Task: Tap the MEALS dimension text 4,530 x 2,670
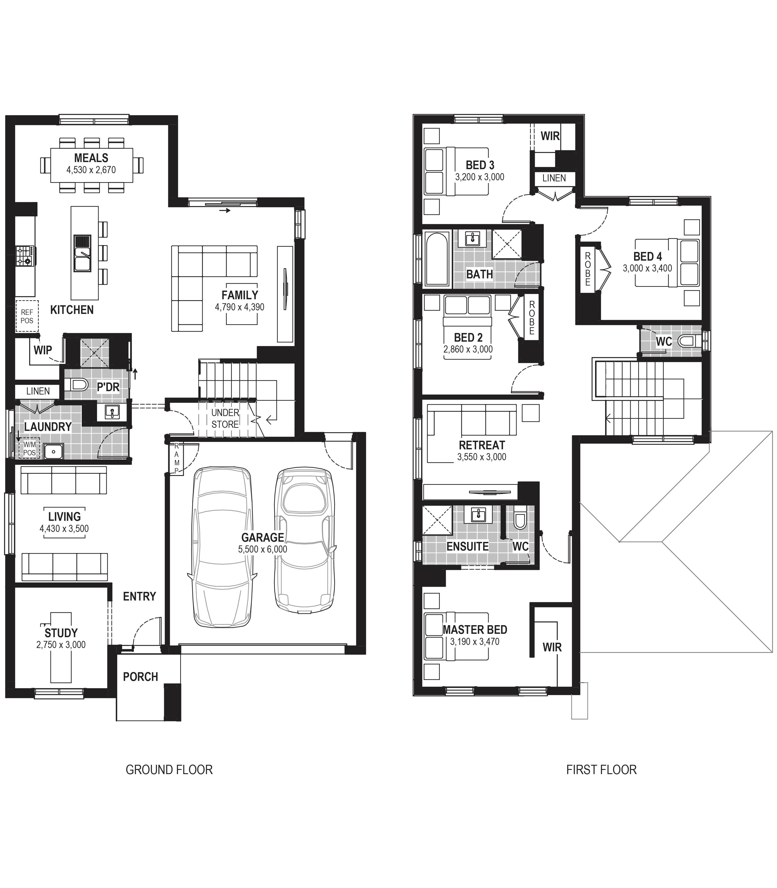[x=91, y=170]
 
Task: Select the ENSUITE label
[x=467, y=546]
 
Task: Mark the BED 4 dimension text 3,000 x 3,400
[x=647, y=268]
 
